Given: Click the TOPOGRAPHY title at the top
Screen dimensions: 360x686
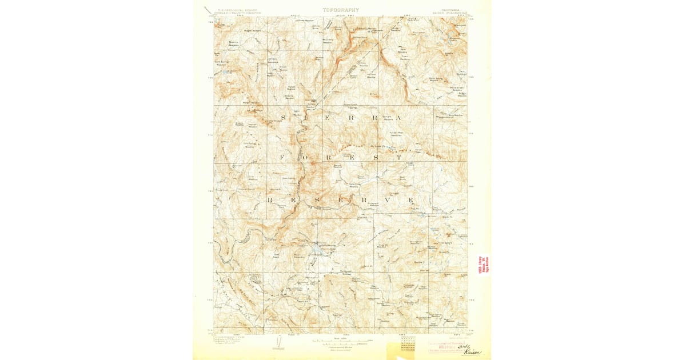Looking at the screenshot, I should [341, 10].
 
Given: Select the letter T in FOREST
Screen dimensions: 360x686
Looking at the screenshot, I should [398, 156].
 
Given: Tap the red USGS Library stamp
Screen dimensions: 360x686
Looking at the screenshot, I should [484, 265].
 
